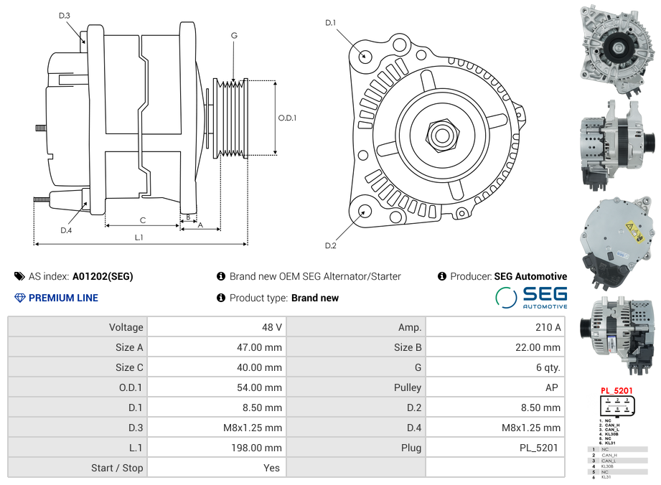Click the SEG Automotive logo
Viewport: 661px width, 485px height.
532,297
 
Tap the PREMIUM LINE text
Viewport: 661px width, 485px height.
63,298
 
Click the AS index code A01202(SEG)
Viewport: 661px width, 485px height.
103,276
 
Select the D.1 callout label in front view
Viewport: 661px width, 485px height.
330,23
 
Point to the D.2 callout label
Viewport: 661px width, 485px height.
330,246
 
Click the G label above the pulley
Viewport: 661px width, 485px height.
234,35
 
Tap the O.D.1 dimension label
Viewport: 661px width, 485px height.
287,118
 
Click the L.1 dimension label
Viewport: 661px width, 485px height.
139,237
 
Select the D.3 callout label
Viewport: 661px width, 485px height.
64,15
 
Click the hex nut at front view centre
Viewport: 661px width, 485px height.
441,134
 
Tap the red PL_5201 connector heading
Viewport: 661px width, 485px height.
617,391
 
